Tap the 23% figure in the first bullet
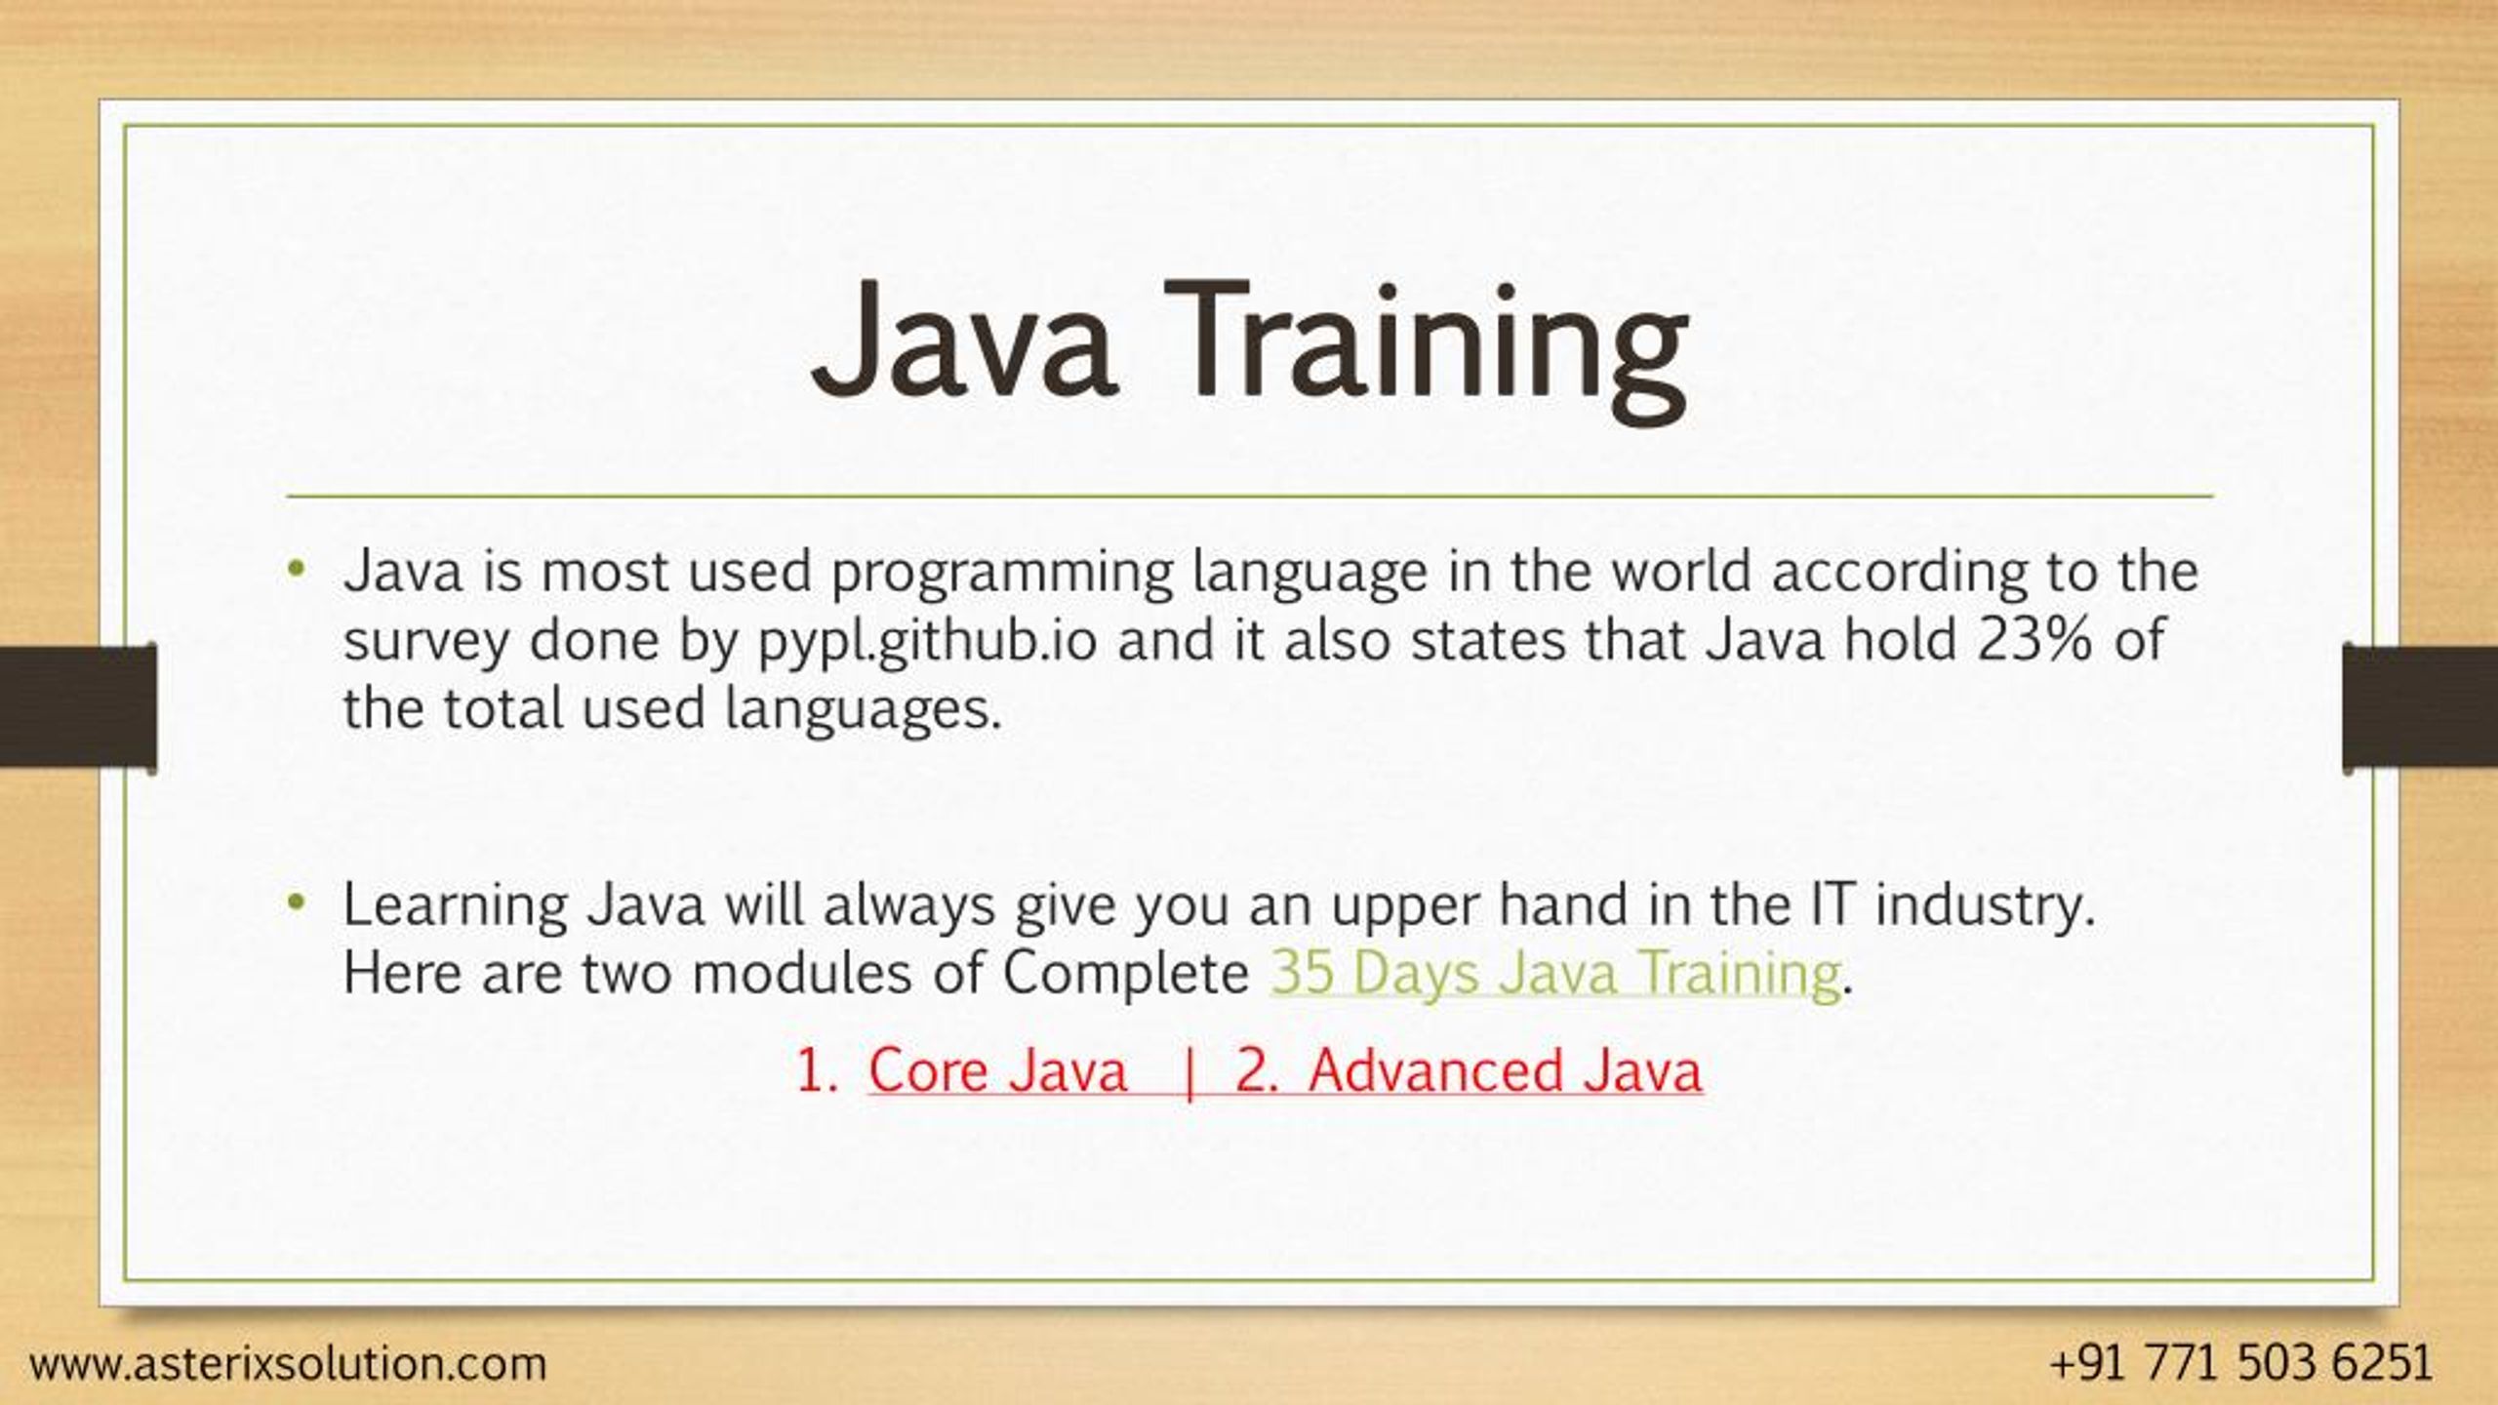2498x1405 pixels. [x=2035, y=641]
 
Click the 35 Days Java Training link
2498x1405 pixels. [x=1555, y=974]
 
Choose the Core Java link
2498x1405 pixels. [x=997, y=1071]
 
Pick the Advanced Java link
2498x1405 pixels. [x=1506, y=1071]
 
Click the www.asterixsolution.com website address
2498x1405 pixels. [x=288, y=1363]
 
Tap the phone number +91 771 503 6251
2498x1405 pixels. [x=2239, y=1363]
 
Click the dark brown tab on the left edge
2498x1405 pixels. [x=78, y=705]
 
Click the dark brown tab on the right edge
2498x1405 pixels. [x=2420, y=705]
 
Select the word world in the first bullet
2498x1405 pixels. [x=1680, y=572]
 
